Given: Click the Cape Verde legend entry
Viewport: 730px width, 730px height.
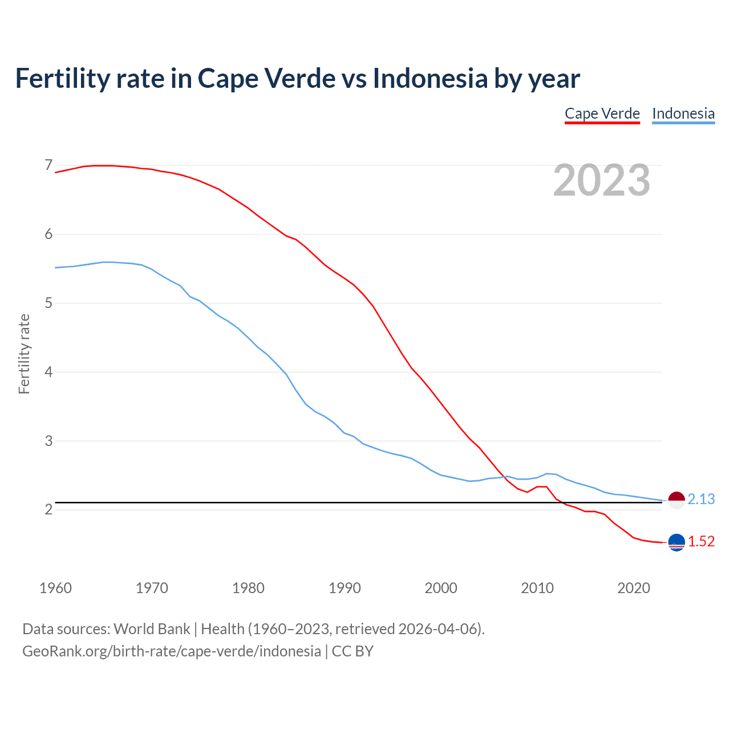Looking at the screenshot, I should [602, 113].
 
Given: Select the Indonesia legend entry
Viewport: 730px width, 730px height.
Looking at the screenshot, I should [683, 113].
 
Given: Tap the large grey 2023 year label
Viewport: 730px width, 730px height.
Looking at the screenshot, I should [602, 180].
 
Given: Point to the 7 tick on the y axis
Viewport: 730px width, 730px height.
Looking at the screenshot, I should [48, 165].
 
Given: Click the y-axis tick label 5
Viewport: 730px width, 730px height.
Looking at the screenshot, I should [48, 303].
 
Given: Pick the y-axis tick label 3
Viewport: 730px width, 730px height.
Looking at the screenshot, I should [48, 441].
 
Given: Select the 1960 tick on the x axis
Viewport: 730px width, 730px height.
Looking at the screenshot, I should [55, 588].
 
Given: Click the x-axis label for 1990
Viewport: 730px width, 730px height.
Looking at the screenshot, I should [344, 588].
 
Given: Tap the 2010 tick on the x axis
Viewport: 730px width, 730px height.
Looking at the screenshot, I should [537, 588].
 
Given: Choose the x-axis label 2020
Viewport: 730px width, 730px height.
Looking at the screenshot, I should [634, 588].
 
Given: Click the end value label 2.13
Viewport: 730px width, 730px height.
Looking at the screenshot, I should [701, 499].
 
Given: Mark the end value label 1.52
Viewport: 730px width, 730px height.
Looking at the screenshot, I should [701, 541].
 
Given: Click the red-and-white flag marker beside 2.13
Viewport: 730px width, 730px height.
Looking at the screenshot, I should [676, 500].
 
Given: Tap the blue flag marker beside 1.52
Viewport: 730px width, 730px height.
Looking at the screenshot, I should [676, 542].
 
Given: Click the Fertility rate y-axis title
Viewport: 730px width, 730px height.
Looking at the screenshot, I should [24, 354].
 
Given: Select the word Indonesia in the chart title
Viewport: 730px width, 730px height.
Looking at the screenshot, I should [430, 78].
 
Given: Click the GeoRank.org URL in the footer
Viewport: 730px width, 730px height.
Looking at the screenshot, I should [171, 651].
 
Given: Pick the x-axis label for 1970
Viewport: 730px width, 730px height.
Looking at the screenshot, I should [152, 588].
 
